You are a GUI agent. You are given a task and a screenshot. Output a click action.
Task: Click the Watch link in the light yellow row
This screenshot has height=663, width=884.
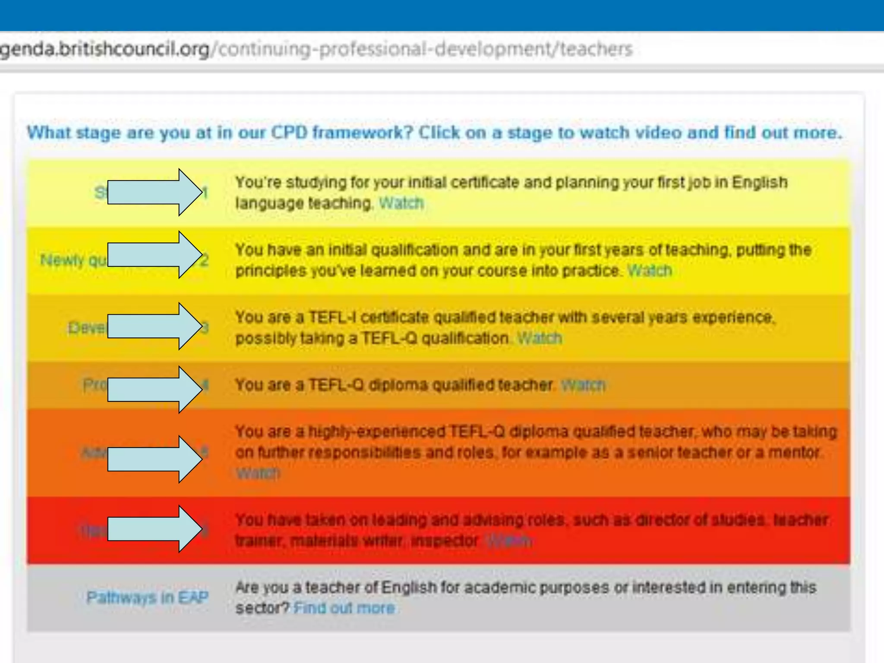pos(401,203)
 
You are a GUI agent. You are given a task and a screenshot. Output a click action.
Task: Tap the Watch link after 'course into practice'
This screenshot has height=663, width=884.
pos(650,271)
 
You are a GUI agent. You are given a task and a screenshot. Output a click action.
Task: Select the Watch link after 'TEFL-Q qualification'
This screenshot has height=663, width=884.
pos(540,338)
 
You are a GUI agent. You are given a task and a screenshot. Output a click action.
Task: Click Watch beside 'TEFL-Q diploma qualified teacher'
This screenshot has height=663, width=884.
pos(583,385)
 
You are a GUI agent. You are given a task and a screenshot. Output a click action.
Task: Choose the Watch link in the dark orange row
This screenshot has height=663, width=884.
pos(258,473)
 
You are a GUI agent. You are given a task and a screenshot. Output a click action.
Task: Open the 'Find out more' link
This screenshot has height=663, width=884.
pos(344,608)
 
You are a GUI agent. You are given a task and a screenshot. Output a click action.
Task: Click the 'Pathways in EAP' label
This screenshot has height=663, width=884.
pos(147,597)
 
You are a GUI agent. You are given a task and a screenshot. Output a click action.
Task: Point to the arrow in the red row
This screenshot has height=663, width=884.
pos(155,529)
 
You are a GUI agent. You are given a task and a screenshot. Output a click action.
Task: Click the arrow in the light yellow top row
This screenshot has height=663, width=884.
pos(155,192)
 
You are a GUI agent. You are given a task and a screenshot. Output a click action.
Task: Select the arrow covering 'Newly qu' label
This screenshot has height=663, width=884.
pos(155,255)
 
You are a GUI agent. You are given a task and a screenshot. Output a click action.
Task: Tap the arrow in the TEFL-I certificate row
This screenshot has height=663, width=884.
pos(155,326)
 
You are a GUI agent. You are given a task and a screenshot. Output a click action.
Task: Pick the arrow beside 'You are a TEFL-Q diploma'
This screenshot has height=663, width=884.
pos(155,389)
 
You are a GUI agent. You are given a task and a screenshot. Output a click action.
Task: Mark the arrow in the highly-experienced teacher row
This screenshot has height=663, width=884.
pos(155,459)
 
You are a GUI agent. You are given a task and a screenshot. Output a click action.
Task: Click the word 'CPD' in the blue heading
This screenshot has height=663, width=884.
pos(289,133)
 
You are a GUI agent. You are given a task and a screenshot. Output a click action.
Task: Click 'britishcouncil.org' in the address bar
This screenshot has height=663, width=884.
pos(134,49)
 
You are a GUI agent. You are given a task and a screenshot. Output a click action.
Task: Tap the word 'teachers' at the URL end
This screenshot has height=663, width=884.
pos(596,49)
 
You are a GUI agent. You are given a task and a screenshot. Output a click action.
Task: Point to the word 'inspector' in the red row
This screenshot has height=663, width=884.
pos(445,540)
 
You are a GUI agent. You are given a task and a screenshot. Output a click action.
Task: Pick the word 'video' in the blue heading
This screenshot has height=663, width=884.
pos(659,133)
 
